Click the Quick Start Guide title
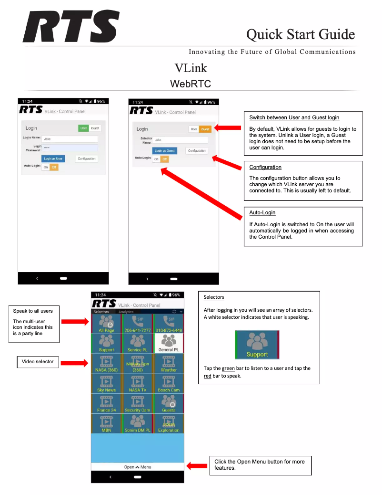pyautogui.click(x=300, y=34)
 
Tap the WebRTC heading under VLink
pyautogui.click(x=191, y=84)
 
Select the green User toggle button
pyautogui.click(x=84, y=128)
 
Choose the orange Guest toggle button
pyautogui.click(x=205, y=129)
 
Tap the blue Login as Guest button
pyautogui.click(x=165, y=150)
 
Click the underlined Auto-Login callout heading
pyautogui.click(x=262, y=212)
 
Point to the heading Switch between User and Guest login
pyautogui.click(x=294, y=117)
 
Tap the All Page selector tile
pyautogui.click(x=106, y=324)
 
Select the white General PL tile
pyautogui.click(x=168, y=343)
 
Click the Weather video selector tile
pyautogui.click(x=168, y=363)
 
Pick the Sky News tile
pyautogui.click(x=106, y=383)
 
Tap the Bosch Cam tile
pyautogui.click(x=168, y=383)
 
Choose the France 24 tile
pyautogui.click(x=106, y=403)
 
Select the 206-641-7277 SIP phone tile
pyautogui.click(x=137, y=324)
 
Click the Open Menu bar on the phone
pyautogui.click(x=137, y=467)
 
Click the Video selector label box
pyautogui.click(x=38, y=362)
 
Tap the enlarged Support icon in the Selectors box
pyautogui.click(x=257, y=345)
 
